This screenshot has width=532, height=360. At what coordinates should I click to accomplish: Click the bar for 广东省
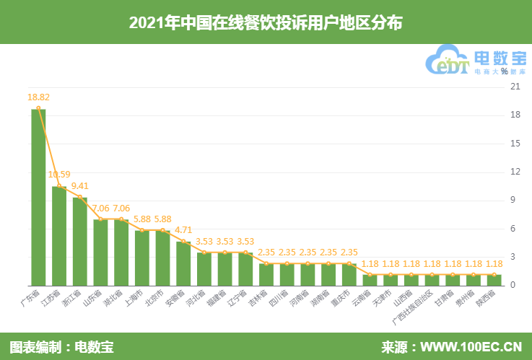pyautogui.click(x=38, y=197)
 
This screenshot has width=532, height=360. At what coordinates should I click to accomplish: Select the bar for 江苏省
pyautogui.click(x=59, y=235)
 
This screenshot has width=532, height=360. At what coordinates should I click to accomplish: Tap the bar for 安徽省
pyautogui.click(x=183, y=263)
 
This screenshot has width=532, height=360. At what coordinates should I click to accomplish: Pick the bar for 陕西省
pyautogui.click(x=494, y=279)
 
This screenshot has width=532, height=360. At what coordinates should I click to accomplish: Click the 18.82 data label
pyautogui.click(x=38, y=97)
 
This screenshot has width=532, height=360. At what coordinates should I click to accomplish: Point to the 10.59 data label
pyautogui.click(x=59, y=174)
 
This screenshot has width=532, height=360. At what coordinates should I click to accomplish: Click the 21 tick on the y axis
pyautogui.click(x=515, y=87)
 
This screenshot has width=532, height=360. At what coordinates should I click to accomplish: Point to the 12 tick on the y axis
pyautogui.click(x=515, y=172)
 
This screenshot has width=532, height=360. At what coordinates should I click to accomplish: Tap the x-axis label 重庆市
pyautogui.click(x=342, y=299)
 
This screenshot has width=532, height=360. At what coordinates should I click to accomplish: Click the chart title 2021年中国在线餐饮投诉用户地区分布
pyautogui.click(x=266, y=23)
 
